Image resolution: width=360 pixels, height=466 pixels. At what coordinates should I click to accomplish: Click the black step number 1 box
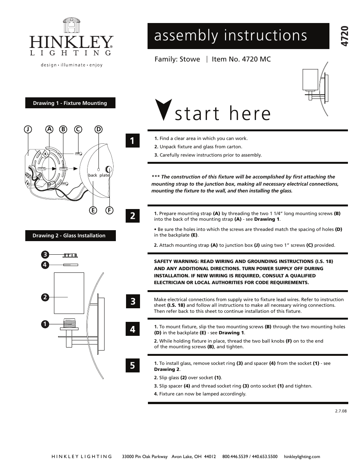point(132,140)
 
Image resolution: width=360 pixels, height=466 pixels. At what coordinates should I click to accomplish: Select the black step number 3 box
point(132,301)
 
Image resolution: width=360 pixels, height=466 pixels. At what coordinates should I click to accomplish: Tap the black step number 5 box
point(132,365)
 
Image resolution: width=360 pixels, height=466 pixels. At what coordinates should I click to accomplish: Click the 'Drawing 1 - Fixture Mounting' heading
point(70,103)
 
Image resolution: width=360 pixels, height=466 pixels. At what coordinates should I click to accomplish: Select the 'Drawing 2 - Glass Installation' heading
point(70,235)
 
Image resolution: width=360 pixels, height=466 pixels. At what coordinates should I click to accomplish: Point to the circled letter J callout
point(28,129)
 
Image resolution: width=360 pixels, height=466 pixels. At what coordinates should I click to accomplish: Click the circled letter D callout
point(98,129)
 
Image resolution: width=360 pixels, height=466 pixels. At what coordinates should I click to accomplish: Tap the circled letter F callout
point(109,210)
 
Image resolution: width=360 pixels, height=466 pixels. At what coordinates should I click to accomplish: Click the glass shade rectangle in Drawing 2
point(66,292)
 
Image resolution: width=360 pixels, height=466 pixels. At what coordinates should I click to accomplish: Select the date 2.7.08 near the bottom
point(341,411)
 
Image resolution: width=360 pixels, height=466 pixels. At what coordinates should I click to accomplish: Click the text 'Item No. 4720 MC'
point(241,59)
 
